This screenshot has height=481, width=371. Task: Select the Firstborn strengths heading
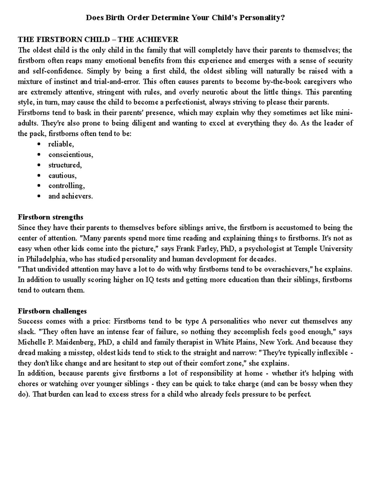(x=50, y=217)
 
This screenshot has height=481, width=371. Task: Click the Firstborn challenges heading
(x=52, y=311)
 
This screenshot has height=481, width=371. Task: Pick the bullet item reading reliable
(x=61, y=144)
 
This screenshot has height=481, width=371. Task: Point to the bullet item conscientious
(x=70, y=155)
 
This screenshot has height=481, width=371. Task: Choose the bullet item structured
(x=65, y=165)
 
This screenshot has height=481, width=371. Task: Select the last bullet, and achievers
(x=70, y=196)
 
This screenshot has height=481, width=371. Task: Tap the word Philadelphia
(x=44, y=259)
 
